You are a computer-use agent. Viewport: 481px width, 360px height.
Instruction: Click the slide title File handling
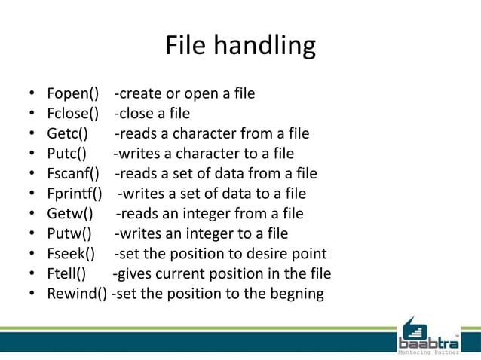240,46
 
